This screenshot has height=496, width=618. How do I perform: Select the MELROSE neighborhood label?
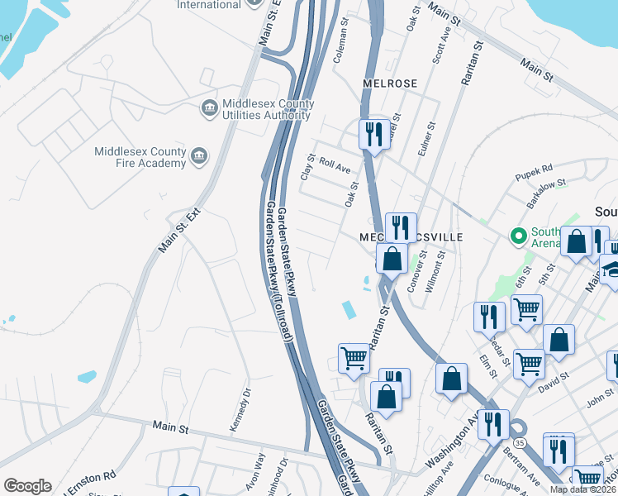coord(390,83)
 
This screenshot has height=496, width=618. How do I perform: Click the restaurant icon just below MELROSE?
coord(374,134)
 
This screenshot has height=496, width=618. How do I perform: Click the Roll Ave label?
coord(335,168)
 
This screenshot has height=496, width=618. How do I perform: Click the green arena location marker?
coord(519,237)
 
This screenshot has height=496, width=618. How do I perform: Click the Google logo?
coord(27,486)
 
